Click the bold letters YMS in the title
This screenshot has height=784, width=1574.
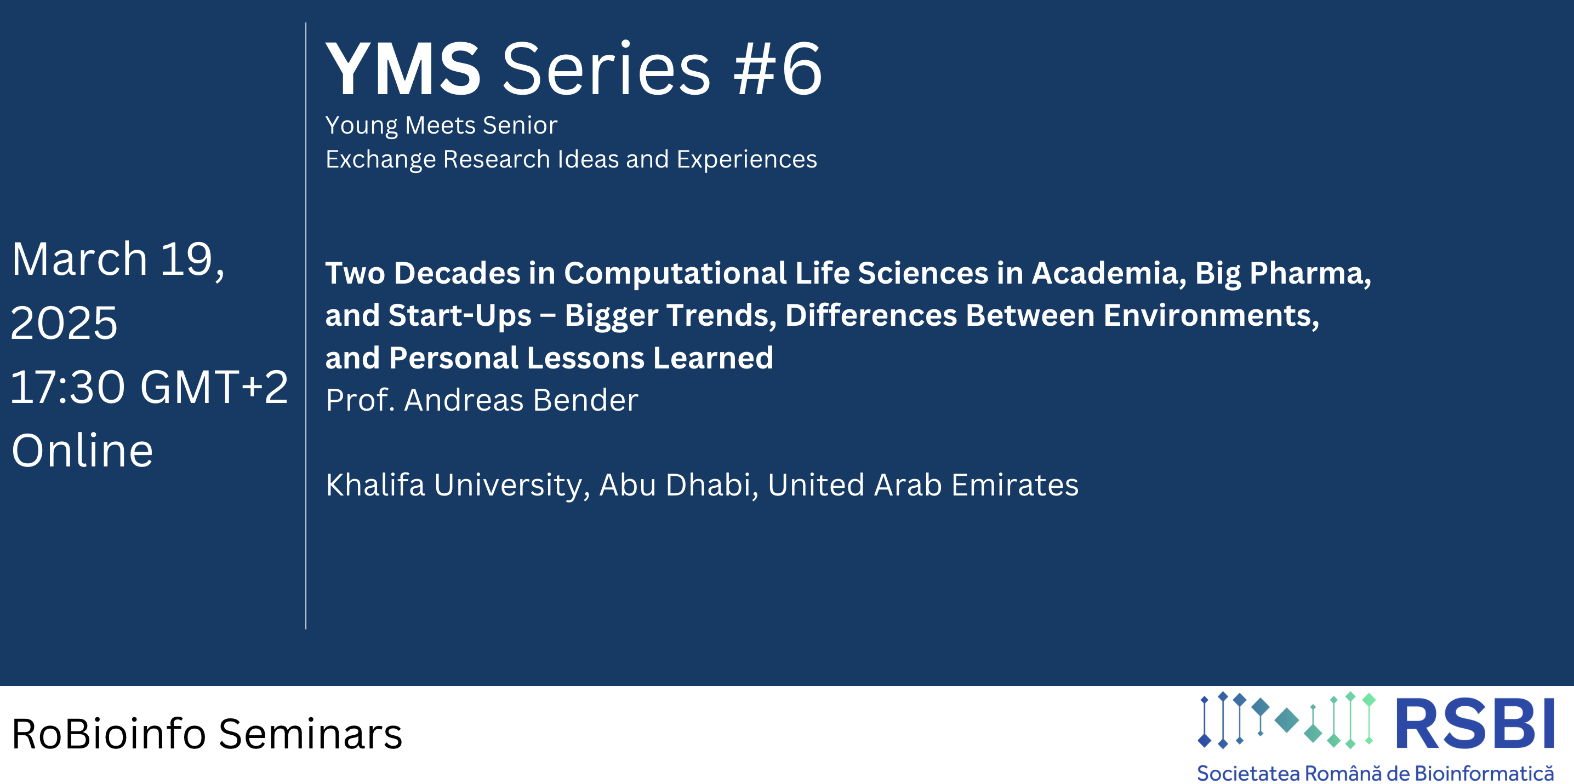pyautogui.click(x=403, y=68)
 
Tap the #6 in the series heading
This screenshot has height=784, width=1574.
pyautogui.click(x=778, y=68)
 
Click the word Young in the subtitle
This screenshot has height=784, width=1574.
pyautogui.click(x=361, y=126)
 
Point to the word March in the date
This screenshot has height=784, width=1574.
pyautogui.click(x=80, y=259)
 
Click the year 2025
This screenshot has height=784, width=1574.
pyautogui.click(x=64, y=323)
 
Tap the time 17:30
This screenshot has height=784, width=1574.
pyautogui.click(x=68, y=387)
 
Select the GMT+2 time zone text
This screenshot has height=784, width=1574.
pyautogui.click(x=214, y=387)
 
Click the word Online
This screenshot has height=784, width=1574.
pyautogui.click(x=83, y=451)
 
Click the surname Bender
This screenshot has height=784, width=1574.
pyautogui.click(x=585, y=401)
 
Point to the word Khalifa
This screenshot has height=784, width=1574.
pyautogui.click(x=375, y=486)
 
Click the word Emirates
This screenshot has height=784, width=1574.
pyautogui.click(x=1015, y=486)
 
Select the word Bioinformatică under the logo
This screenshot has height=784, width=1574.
pyautogui.click(x=1484, y=773)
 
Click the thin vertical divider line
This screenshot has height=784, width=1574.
pyautogui.click(x=305, y=326)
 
